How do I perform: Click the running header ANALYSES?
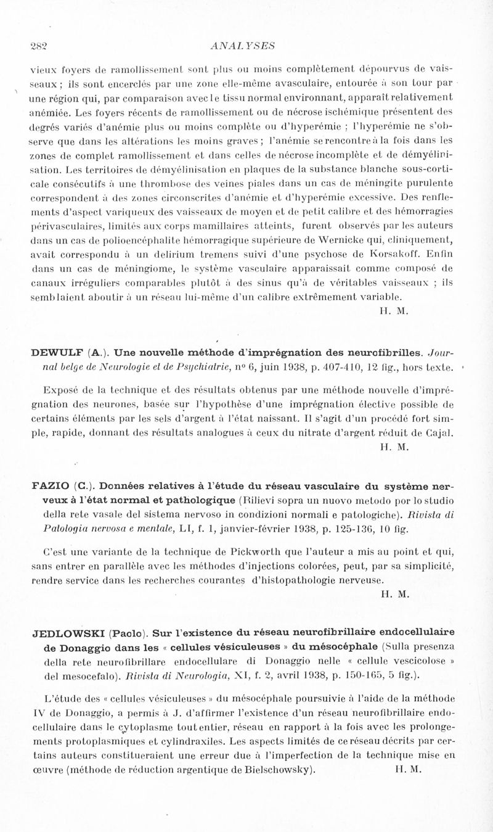242,45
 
